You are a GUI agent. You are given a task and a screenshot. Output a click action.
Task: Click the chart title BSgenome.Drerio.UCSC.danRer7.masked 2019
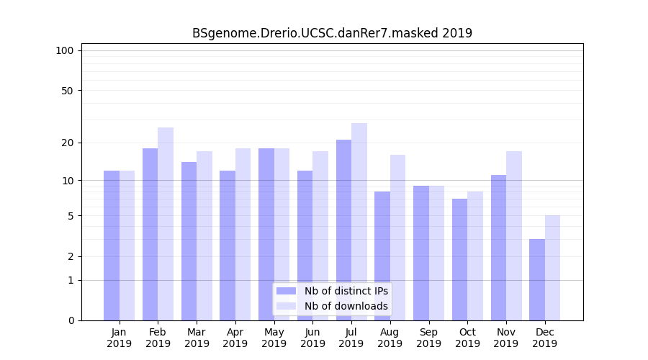coord(332,33)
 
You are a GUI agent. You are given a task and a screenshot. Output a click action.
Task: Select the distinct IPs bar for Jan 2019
coord(112,245)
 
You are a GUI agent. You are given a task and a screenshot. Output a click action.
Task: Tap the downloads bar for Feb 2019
coord(166,223)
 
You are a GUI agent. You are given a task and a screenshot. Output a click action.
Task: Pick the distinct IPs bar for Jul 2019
coord(343,230)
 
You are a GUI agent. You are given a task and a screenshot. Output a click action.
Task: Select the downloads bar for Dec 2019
coord(553,268)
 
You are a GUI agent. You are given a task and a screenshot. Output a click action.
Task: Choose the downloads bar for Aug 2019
coord(397,238)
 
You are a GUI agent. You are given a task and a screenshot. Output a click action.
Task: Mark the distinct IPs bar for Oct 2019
coord(459,259)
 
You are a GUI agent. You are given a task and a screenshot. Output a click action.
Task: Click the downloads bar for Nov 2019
coord(514,235)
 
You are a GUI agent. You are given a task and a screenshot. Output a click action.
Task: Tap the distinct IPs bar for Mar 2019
coord(189,240)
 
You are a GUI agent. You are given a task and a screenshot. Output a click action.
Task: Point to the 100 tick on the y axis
coord(65,50)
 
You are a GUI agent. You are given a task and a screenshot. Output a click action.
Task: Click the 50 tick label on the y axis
coord(68,91)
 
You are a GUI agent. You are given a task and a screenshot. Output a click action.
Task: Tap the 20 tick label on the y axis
coord(68,143)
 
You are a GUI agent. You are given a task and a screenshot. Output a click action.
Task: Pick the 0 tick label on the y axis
coord(71,320)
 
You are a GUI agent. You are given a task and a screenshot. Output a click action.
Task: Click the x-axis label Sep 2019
coord(428,338)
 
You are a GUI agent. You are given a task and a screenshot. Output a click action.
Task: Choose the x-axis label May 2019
coord(274,338)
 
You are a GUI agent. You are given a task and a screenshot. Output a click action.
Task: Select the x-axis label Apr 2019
coord(235,338)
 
